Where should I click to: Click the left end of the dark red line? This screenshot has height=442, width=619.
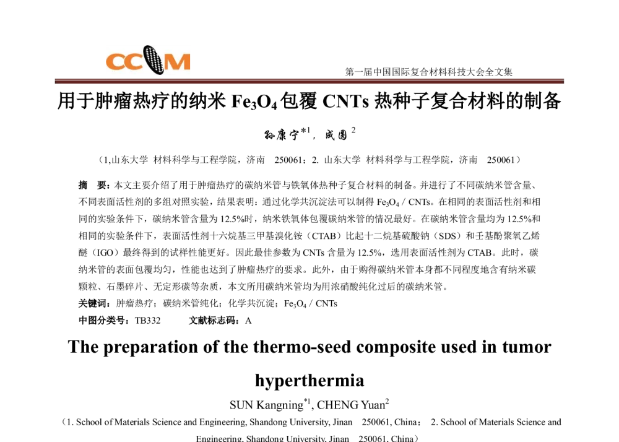point(56,81)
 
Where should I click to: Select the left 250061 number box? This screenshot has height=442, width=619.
point(288,160)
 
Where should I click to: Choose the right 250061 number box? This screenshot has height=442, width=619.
point(501,160)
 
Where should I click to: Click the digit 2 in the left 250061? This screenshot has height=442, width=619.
point(277,160)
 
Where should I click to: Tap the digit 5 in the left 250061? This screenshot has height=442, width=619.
point(282,160)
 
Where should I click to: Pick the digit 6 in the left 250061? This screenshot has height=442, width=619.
point(295,160)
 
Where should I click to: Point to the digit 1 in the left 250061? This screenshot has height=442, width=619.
point(300,160)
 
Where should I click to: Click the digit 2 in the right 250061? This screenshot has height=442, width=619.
point(490,160)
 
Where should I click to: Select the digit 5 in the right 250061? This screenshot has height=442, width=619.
point(495,160)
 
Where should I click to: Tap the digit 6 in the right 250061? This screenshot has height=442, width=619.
point(508,160)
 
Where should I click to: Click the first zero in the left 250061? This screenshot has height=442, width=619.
point(286,160)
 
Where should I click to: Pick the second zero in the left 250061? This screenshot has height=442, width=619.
point(290,160)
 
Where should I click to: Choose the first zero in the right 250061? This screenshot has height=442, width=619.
point(499,160)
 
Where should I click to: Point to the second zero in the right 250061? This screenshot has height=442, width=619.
point(503,160)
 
